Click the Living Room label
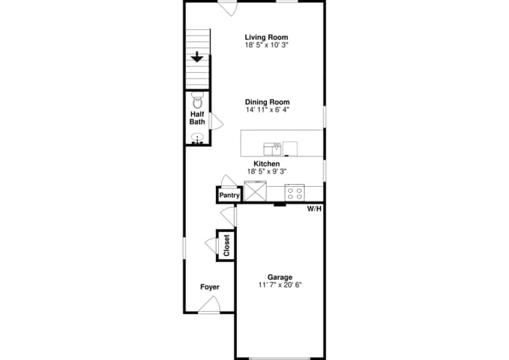tap(267, 37)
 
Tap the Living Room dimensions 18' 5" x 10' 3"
tap(267, 45)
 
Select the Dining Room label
tap(267, 102)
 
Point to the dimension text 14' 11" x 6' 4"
tap(267, 110)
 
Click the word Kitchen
tap(267, 164)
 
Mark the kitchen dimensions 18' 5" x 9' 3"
tap(267, 172)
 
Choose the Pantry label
tap(230, 195)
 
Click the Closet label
tap(226, 245)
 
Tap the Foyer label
tap(209, 287)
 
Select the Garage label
tap(280, 277)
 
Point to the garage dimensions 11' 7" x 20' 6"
tap(280, 285)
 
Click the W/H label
tap(314, 209)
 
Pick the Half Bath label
tap(197, 117)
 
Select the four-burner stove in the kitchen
tap(294, 193)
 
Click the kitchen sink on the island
tap(273, 149)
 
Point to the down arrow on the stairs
tap(197, 57)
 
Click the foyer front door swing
tap(209, 305)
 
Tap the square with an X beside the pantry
tap(255, 193)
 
